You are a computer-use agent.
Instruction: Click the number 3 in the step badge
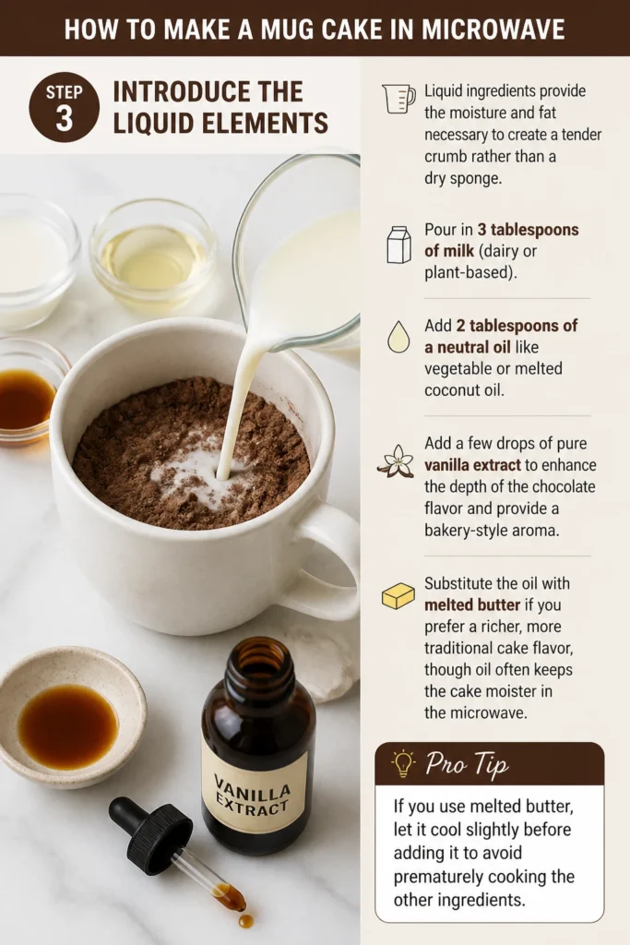coord(64,119)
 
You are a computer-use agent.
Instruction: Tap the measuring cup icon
coord(398,98)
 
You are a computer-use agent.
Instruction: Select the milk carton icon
coord(398,244)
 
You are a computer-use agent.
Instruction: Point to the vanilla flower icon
coord(397,461)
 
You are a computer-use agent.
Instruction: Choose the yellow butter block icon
coord(398,595)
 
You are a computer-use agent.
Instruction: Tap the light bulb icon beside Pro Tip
coord(402,763)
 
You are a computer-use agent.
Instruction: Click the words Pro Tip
coord(467,764)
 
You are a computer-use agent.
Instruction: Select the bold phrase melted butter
coord(472,604)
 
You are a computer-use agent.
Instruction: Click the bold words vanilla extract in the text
coord(472,465)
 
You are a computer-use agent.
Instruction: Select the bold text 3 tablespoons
coord(529,230)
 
